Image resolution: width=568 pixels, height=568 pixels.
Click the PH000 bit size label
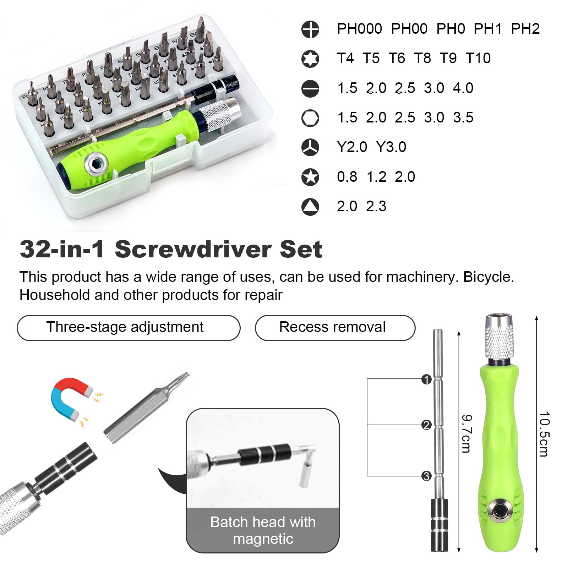coord(359,29)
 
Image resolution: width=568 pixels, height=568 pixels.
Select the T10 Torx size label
coord(478,58)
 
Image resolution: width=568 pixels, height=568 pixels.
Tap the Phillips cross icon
coord(310,29)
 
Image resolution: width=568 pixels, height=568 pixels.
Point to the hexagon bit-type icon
coord(310,118)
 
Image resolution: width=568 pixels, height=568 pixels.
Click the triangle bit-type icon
coord(310,207)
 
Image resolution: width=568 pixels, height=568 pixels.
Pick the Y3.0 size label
coord(391,147)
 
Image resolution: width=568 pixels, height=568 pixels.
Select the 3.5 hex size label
coord(463,118)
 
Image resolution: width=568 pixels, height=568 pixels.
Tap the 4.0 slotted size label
coord(463,88)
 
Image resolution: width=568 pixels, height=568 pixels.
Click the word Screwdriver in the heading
coord(197,249)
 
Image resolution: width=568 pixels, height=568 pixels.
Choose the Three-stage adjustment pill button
coord(129,328)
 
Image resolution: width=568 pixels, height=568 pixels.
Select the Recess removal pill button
coord(335,328)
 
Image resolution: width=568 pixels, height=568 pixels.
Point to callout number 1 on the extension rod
coord(426,379)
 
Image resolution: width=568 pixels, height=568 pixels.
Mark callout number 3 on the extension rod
coord(426,476)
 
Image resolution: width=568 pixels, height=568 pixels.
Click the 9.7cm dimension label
coord(466,433)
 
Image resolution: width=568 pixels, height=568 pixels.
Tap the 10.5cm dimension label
coord(544,434)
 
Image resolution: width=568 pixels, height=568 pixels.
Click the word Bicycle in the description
coord(488,277)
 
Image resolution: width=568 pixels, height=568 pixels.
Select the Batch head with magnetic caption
coord(263,530)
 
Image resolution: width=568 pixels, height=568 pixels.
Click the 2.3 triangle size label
coord(376,206)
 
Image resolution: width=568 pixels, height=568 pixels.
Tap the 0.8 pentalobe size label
coord(347,177)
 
